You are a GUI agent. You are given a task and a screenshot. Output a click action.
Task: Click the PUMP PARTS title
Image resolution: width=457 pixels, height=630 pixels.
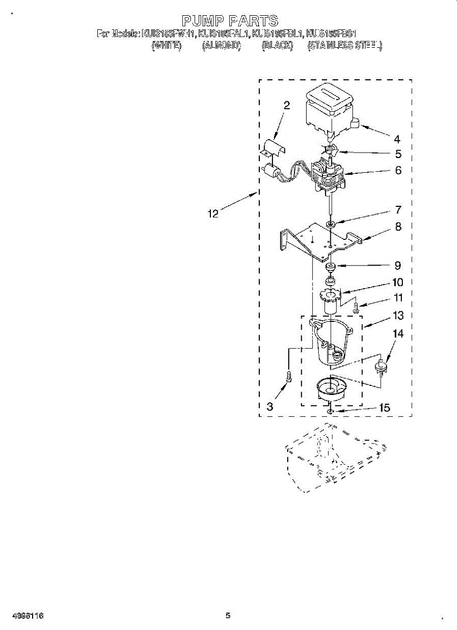[x=229, y=21]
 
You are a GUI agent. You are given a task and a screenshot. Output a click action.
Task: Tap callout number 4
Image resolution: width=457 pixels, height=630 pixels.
[x=398, y=139]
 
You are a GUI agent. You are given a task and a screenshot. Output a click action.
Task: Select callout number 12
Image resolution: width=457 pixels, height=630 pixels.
[x=213, y=214]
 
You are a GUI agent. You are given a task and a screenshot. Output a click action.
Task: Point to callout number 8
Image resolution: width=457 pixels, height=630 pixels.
[x=398, y=227]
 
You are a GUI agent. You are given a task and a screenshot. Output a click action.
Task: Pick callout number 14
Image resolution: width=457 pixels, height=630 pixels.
[x=398, y=333]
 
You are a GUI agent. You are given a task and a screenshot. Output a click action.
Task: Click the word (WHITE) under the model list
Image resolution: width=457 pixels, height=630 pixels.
[x=166, y=46]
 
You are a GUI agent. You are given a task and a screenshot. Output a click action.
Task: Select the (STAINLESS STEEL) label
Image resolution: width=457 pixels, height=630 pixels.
[x=344, y=46]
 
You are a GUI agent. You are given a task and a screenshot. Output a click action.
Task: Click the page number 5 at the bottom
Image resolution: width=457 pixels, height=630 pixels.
[x=228, y=615]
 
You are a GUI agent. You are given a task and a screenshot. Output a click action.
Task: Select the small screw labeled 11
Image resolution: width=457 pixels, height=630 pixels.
[x=356, y=308]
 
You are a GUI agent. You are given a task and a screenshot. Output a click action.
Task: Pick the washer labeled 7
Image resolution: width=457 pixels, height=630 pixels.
[x=330, y=225]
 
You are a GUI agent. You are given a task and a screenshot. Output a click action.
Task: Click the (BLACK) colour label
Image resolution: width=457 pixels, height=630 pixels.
[x=277, y=46]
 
